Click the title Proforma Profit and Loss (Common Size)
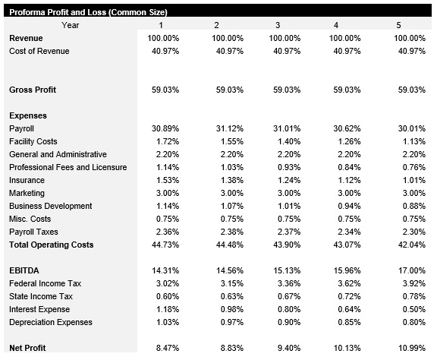click(x=88, y=12)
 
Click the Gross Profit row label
click(x=33, y=90)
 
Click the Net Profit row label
click(x=27, y=348)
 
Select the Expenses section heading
click(x=28, y=115)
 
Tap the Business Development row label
click(x=50, y=206)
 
